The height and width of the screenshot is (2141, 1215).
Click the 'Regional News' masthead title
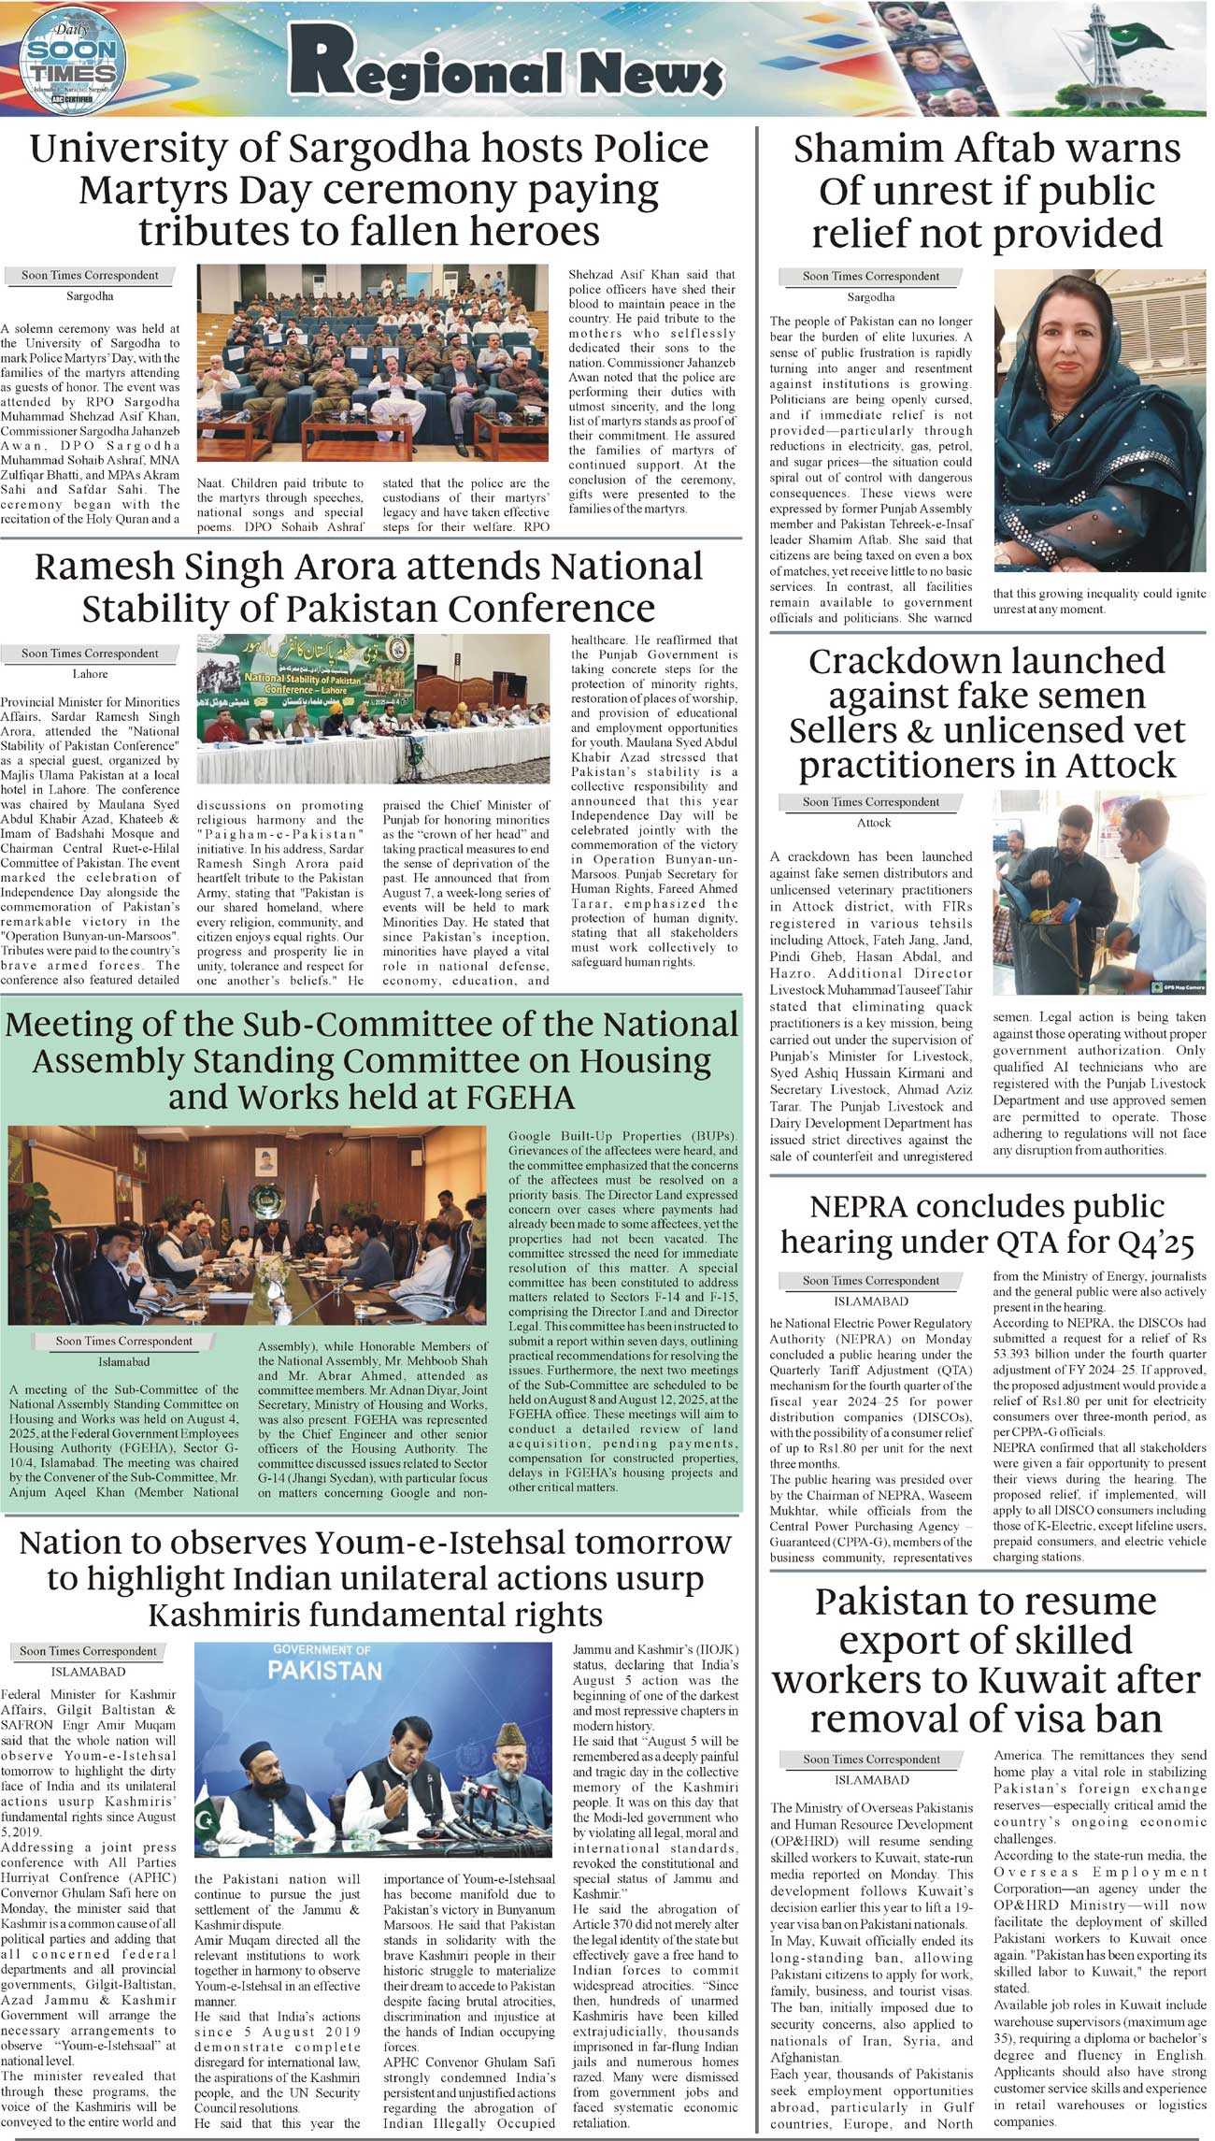click(x=506, y=65)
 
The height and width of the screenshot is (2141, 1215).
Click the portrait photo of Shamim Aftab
click(x=1099, y=421)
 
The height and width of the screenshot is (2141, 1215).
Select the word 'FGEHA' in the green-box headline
click(x=513, y=1096)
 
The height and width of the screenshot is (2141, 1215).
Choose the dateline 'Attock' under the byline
click(x=874, y=823)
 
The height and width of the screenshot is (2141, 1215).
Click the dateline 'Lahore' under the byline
click(x=91, y=673)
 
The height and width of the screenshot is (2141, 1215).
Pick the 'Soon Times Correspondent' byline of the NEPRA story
click(x=870, y=1280)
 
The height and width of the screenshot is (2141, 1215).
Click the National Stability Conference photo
click(x=373, y=710)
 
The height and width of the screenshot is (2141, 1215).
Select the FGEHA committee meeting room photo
click(x=248, y=1226)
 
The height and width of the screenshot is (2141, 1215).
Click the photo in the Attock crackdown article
click(x=1099, y=893)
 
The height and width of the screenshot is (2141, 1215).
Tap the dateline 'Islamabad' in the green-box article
click(x=123, y=1361)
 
